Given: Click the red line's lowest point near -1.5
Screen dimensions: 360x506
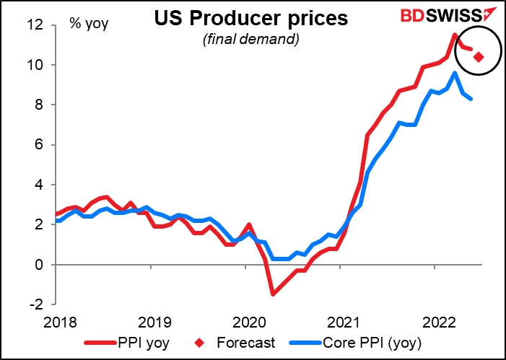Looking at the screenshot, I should [273, 294].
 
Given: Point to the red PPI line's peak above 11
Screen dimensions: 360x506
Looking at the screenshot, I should [454, 35].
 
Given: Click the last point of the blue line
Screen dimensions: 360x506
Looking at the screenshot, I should [471, 99].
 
